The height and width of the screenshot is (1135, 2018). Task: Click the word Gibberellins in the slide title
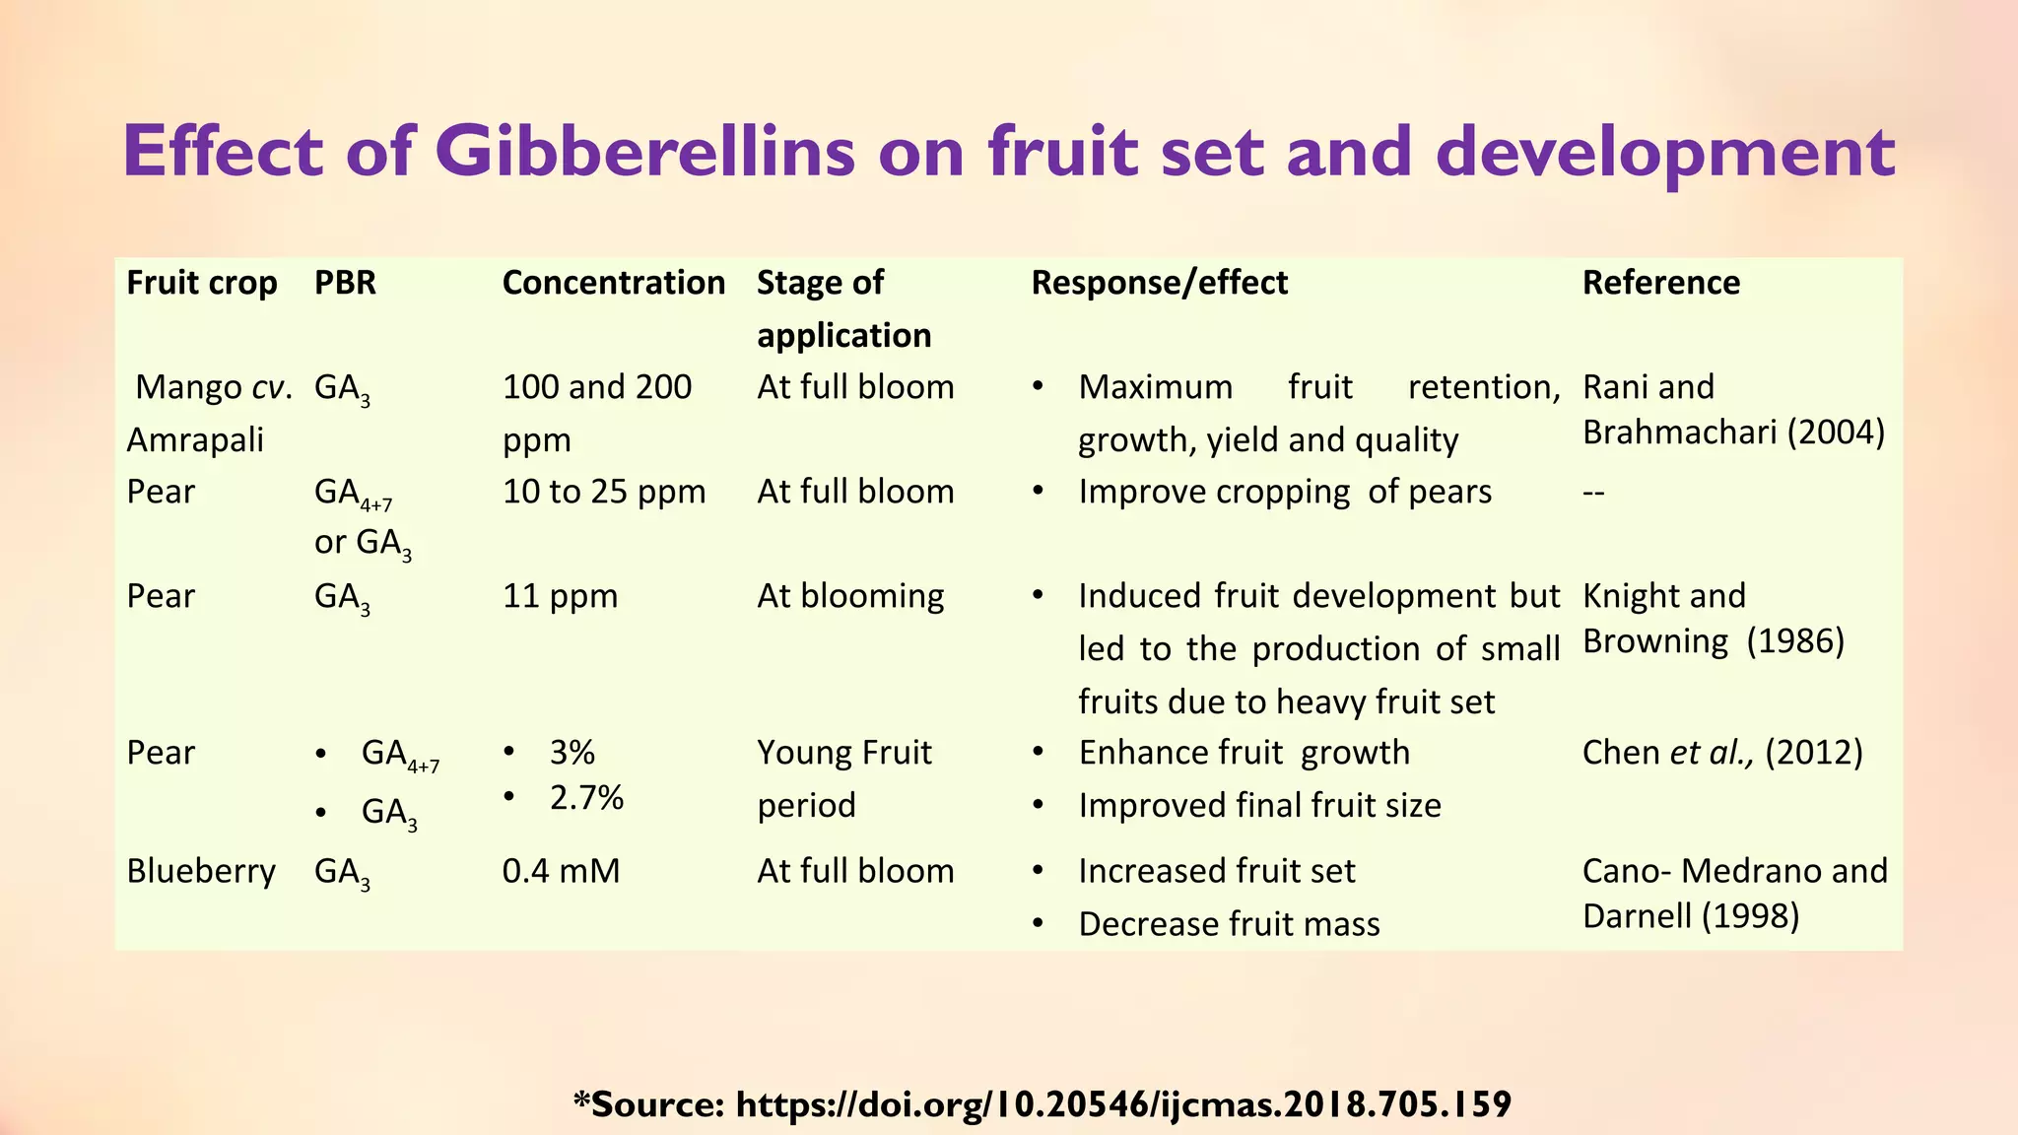[645, 152]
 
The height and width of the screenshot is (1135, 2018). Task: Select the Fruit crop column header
[202, 283]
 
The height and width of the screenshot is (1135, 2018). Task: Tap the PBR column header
[345, 283]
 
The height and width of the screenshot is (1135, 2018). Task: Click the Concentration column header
[613, 283]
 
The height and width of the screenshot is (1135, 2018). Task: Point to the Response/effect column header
[1159, 283]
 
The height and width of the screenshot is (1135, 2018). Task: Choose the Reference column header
[1660, 283]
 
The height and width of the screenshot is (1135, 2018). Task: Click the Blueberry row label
[201, 871]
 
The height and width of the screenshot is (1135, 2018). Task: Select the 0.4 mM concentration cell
[561, 871]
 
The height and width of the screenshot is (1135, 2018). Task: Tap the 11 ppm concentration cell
[560, 596]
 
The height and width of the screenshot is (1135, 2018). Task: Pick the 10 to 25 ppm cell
[604, 492]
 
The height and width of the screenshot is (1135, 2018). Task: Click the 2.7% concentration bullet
[586, 797]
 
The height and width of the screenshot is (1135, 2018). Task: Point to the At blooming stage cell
[850, 596]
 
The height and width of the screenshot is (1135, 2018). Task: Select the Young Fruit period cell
[843, 778]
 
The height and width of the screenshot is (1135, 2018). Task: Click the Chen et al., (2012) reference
[1721, 753]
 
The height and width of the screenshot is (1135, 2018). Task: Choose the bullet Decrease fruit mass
[1229, 924]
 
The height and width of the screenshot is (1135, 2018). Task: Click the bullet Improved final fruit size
[1259, 806]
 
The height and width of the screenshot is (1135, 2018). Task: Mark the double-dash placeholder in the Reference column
[1593, 492]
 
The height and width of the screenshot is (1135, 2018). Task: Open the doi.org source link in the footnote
[1123, 1104]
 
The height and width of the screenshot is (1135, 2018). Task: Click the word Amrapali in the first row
[195, 439]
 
